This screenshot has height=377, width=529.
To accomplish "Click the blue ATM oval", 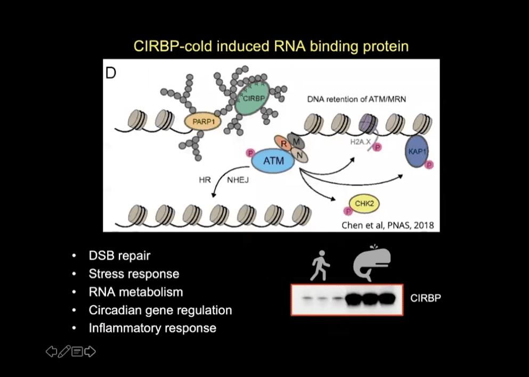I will click(272, 161).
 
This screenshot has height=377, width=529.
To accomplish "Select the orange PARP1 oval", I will click(203, 122).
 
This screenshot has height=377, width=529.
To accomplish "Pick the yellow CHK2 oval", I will click(364, 203).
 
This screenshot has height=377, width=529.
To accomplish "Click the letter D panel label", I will click(111, 73).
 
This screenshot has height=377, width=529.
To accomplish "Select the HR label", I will click(205, 180).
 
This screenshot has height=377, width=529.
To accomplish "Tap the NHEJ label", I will click(238, 180).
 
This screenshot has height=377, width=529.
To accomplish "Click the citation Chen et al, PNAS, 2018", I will click(387, 225).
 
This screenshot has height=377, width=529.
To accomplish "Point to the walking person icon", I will click(319, 265).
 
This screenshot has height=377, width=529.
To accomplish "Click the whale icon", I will click(372, 262).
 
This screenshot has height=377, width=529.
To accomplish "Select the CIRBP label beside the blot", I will click(426, 298).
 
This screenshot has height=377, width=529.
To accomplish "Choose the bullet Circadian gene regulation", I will click(160, 310).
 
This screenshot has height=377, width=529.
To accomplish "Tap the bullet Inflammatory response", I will click(152, 328).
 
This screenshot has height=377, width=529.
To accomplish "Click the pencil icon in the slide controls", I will click(64, 351).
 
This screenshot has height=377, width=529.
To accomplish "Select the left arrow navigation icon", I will click(51, 351).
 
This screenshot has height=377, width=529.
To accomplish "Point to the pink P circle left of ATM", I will click(249, 153).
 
